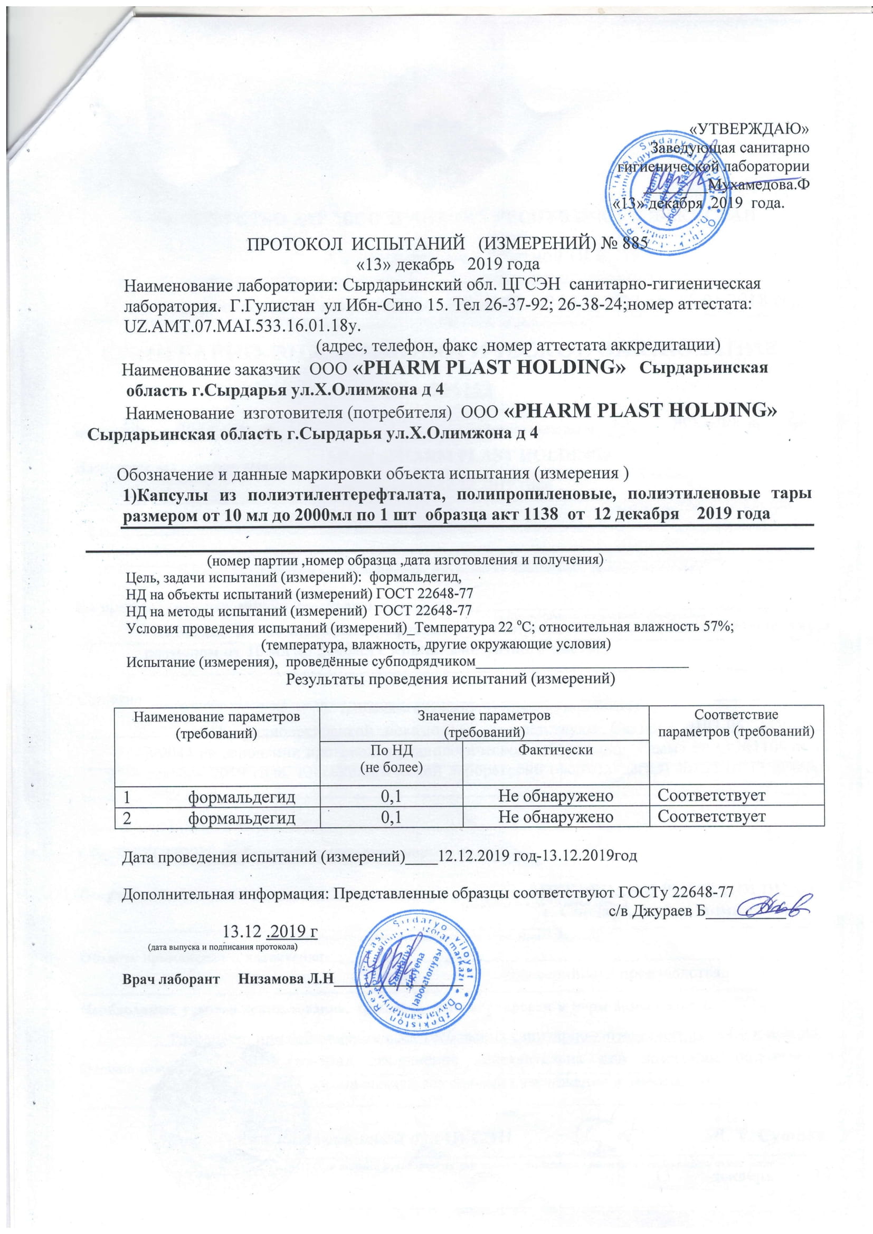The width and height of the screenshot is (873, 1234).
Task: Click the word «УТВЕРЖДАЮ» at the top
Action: point(750,128)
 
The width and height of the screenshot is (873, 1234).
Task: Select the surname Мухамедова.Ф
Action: point(759,184)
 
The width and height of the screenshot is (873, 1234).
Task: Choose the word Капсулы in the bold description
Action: point(170,494)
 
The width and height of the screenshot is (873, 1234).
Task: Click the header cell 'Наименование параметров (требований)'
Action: point(216,723)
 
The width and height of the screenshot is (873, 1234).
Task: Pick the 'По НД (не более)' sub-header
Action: point(391,758)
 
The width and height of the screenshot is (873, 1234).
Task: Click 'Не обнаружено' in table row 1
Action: point(556,796)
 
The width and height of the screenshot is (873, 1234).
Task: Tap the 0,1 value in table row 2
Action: point(391,817)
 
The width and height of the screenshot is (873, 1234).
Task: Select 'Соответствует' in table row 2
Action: point(711,817)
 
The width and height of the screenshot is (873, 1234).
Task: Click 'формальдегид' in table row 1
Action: point(241,796)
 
